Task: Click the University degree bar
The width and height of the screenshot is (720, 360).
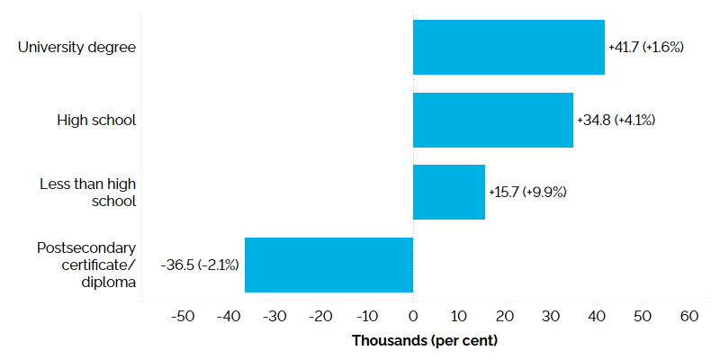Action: pos(508,47)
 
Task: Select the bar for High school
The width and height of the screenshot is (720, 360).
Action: pos(493,120)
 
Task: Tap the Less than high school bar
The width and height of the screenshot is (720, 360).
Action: pos(449,192)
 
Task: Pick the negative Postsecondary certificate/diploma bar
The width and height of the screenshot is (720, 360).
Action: pos(328,265)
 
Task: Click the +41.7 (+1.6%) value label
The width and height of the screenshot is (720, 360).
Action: pos(646,47)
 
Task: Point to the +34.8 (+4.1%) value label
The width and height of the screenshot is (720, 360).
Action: pos(616,120)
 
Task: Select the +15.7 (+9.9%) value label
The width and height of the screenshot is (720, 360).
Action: pos(527,192)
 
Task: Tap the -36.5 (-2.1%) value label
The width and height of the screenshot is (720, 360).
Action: pos(200,265)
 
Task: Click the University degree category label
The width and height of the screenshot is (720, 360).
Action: pos(77,47)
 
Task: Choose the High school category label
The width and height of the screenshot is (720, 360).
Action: pos(96,120)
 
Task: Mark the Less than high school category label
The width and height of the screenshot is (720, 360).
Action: pos(88,192)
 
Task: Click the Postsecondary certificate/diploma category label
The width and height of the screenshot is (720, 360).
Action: pos(86,265)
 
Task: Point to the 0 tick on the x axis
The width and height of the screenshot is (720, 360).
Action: pos(413,317)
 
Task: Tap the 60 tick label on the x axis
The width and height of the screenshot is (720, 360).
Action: pos(688,317)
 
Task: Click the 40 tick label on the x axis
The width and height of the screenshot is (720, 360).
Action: pos(597,317)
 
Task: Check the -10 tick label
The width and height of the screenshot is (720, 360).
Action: pos(366,317)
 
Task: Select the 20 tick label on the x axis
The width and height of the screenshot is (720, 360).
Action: pos(505,317)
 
